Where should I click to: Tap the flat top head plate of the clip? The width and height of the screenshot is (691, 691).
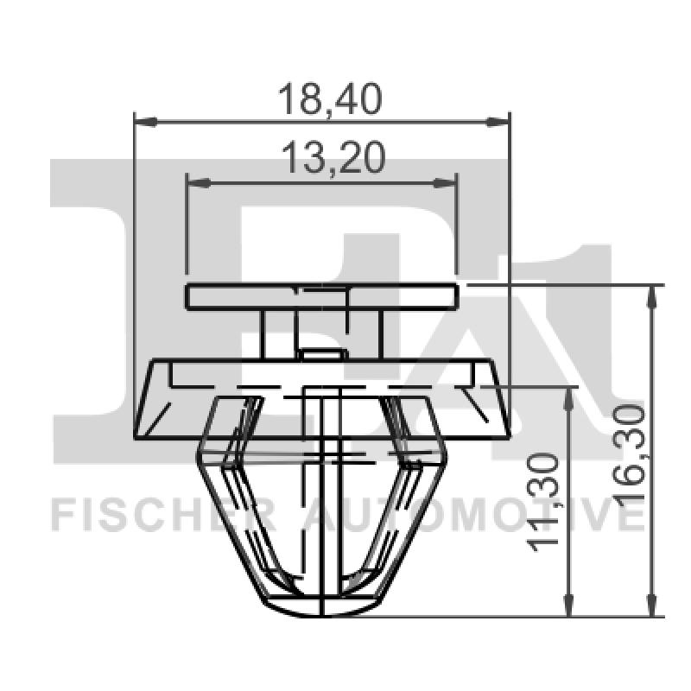click(321, 296)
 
